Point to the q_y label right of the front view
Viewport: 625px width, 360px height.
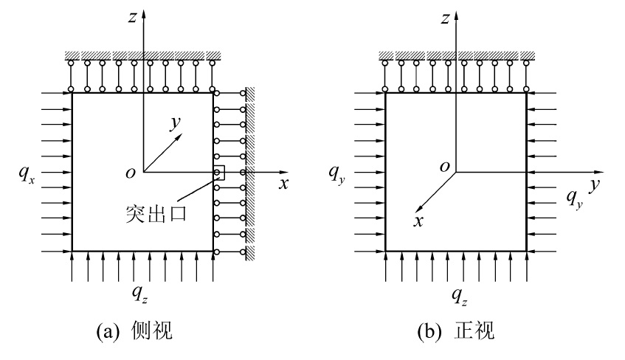click(575, 197)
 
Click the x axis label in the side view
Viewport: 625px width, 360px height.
click(283, 184)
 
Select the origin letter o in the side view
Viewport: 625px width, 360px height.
click(130, 173)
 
